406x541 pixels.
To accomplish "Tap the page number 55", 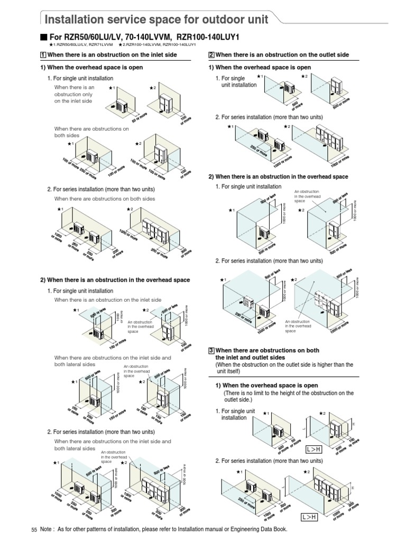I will pos(34,529).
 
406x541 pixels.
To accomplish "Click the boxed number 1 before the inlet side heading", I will pos(43,55).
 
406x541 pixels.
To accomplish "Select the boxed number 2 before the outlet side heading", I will pos(211,55).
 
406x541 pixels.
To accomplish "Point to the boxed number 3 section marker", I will pos(211,351).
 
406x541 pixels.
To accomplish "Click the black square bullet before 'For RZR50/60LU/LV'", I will pos(44,37).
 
